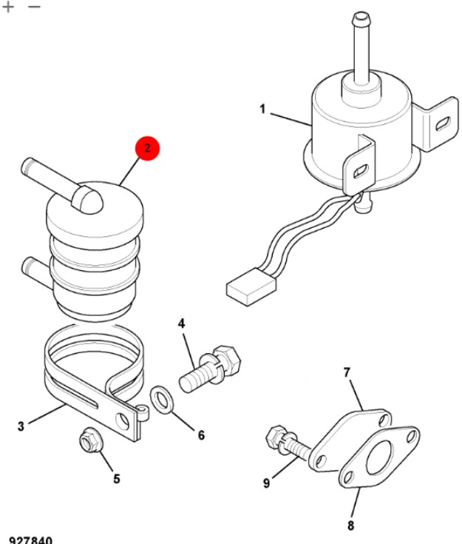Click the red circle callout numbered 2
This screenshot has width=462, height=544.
pos(147,148)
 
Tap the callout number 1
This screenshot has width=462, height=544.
pos(262,109)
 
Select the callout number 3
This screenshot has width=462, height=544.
pos(21,426)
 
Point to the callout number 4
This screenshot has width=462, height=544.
pos(182,323)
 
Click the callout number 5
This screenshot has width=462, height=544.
pos(117,479)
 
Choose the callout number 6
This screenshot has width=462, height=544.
pos(201,435)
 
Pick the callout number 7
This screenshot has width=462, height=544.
pos(347,372)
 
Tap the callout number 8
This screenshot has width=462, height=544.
pos(350,525)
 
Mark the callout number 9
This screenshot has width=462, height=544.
pos(266,483)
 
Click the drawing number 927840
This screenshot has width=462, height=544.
pos(30,540)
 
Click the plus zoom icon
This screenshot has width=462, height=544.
pos(8,7)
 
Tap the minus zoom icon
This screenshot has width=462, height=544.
pos(34,7)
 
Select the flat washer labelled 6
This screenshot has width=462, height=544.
pos(161,399)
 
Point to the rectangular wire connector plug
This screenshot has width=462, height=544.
pos(251,286)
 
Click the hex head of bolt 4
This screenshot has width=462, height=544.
pos(228,360)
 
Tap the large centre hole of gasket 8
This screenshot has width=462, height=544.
pos(380,457)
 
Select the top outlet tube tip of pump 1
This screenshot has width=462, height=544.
pos(361,17)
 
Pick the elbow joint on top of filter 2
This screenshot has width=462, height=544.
pos(87,200)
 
